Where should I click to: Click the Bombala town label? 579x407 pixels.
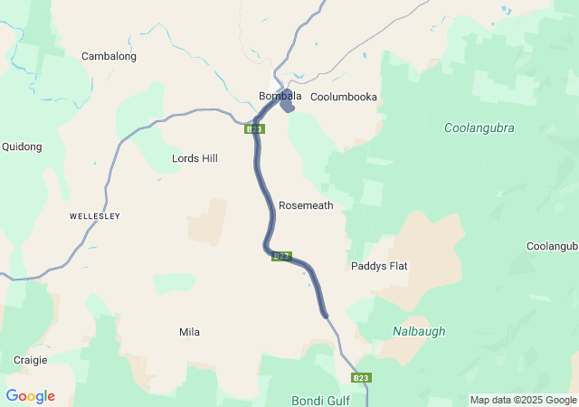point(280,96)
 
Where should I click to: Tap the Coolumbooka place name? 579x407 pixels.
point(343,97)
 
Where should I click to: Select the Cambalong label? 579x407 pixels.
point(109,56)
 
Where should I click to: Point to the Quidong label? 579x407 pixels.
point(22,147)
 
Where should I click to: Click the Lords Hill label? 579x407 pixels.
point(195,158)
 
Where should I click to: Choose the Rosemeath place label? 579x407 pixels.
point(306,205)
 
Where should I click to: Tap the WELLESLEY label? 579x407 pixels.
point(95,217)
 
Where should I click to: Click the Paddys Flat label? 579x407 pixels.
point(379,266)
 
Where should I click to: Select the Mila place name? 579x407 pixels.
point(189,332)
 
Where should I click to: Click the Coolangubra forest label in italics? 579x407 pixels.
point(479,128)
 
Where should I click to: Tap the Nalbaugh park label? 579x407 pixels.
point(419,331)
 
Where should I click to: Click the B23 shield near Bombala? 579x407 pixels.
point(254,129)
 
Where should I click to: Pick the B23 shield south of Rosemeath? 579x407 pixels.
point(281,256)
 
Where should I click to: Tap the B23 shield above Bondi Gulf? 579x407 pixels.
point(361,377)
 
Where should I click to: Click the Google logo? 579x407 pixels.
point(30,396)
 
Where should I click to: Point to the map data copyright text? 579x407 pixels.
point(523,400)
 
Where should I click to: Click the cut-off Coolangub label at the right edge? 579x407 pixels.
point(552,246)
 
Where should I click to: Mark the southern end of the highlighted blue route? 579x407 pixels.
point(325,316)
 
